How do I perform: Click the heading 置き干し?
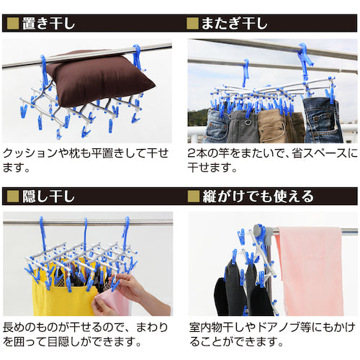(50, 23)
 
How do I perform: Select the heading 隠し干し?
(50, 196)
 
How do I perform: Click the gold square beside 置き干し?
(12, 23)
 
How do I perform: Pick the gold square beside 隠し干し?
(12, 196)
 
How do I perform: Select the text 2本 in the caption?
(199, 153)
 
